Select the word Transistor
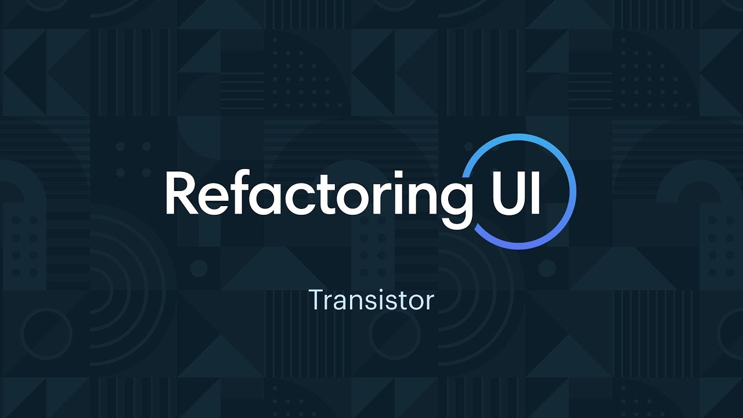(x=371, y=300)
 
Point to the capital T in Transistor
(x=316, y=300)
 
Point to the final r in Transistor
(x=430, y=302)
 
